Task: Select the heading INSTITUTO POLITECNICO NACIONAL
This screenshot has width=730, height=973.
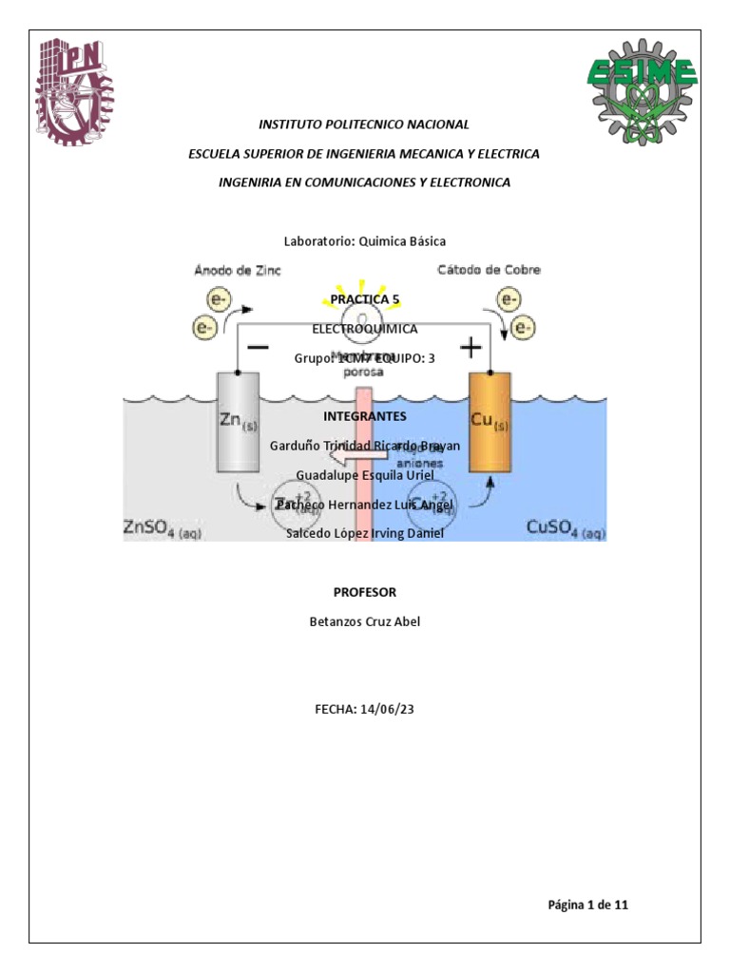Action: [364, 124]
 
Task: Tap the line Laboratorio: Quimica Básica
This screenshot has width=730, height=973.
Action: [364, 241]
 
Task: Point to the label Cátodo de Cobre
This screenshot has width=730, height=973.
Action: [489, 270]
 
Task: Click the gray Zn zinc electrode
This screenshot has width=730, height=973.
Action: [238, 422]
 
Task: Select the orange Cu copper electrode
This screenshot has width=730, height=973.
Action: [490, 422]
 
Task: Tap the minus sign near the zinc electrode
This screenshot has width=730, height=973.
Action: [257, 348]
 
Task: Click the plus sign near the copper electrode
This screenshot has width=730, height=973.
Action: [471, 348]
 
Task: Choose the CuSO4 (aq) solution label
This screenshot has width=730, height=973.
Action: [566, 528]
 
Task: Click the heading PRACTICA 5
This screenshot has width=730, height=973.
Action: [364, 299]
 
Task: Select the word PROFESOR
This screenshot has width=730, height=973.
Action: [364, 592]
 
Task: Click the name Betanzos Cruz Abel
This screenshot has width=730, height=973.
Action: [364, 621]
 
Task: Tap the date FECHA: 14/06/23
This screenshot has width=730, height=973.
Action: [364, 708]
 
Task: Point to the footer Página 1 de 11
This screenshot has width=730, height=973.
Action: [587, 905]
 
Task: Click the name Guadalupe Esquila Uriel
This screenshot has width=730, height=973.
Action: [364, 474]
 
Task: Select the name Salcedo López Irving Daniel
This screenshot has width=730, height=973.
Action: [364, 533]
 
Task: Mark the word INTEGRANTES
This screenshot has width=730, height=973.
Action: [364, 416]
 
